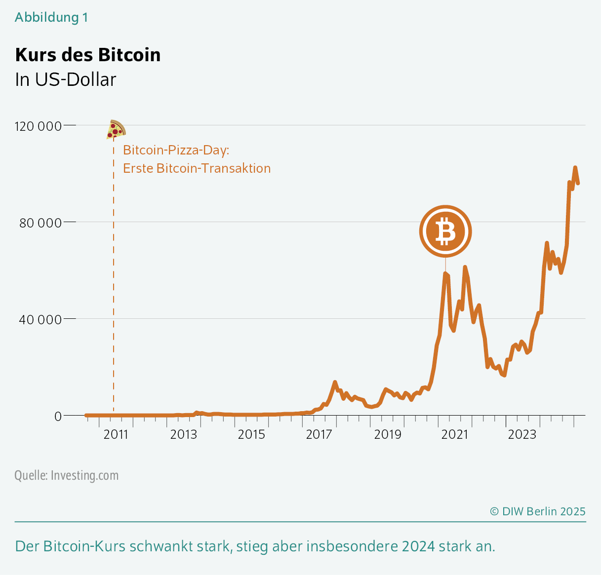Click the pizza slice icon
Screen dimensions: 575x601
click(x=116, y=129)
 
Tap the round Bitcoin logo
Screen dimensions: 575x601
click(x=445, y=231)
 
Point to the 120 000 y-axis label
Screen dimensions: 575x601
click(x=39, y=126)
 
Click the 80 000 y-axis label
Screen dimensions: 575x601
click(x=40, y=223)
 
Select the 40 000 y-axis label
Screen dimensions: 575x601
click(x=40, y=320)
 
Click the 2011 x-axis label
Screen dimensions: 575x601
click(x=116, y=434)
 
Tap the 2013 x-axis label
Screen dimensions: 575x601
click(x=184, y=434)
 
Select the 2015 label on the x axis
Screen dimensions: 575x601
click(x=251, y=434)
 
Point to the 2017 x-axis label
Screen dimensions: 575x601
click(x=319, y=434)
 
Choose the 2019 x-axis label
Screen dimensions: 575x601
click(x=387, y=434)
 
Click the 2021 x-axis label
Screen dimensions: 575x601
click(x=455, y=434)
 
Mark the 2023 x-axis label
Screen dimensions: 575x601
click(x=522, y=434)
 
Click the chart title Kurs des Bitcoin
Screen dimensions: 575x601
click(x=88, y=55)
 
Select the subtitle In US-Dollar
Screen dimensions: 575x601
click(x=66, y=79)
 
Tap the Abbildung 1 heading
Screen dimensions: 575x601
click(x=51, y=17)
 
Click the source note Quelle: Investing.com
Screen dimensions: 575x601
click(x=67, y=475)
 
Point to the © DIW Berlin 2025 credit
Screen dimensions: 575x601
click(x=537, y=511)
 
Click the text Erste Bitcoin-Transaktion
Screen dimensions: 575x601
click(x=197, y=168)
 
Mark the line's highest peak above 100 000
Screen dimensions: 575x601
click(x=575, y=168)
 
